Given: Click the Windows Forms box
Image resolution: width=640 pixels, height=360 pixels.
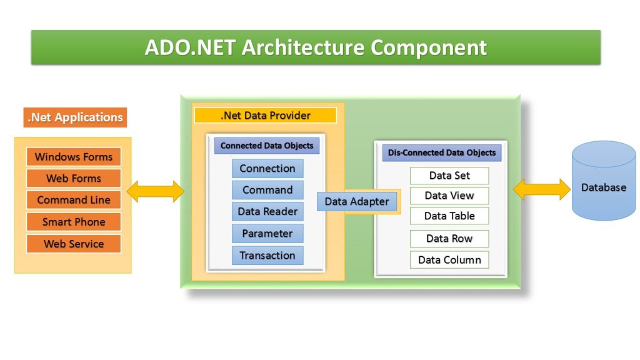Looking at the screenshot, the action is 74,157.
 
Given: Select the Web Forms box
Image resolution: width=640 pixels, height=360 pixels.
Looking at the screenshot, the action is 74,178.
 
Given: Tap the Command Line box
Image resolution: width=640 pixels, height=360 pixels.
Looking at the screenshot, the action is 74,200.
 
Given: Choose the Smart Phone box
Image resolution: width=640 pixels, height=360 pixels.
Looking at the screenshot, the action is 74,222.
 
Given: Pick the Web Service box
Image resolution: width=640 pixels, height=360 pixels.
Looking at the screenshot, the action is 74,244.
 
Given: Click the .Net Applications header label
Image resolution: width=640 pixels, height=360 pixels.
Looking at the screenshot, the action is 75,117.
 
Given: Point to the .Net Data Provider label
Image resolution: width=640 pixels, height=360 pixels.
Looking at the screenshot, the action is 265,116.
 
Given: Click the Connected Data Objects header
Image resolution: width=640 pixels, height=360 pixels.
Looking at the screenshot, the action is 267,146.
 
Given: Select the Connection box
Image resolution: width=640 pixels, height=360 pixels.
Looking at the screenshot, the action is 267,169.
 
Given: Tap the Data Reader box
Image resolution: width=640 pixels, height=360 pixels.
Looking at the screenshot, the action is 267,211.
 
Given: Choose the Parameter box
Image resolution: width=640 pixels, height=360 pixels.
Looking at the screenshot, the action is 267,234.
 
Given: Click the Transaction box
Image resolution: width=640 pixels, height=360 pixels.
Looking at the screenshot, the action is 267,256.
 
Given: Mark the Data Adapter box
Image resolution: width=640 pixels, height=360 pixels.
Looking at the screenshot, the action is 357,202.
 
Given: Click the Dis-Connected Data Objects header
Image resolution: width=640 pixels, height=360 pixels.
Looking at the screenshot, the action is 442,153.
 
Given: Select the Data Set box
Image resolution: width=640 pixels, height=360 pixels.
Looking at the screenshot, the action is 449,176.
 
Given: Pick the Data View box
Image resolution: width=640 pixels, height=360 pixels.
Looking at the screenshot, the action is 449,196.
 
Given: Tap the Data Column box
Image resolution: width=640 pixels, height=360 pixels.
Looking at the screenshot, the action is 449,260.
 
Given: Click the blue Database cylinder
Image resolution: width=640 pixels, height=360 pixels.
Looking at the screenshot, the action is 604,181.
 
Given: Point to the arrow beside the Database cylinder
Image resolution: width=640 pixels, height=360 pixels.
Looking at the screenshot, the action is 542,189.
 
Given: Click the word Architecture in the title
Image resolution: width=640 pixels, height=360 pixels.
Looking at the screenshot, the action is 303,47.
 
